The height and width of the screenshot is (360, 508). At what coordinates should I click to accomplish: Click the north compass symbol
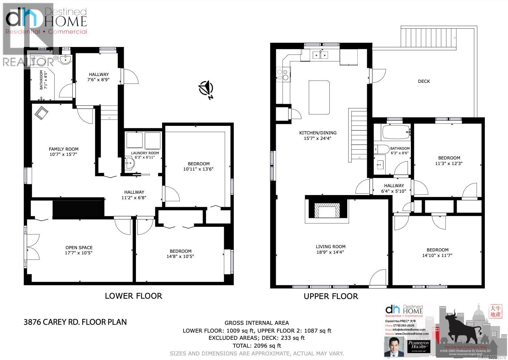(x=206, y=89)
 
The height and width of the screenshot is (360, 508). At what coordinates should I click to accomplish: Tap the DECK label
(x=424, y=81)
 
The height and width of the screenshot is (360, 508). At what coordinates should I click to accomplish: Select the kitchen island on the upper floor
(x=319, y=97)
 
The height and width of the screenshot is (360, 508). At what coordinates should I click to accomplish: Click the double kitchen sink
(x=320, y=55)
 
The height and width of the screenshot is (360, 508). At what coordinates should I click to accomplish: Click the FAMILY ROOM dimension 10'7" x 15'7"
(x=64, y=154)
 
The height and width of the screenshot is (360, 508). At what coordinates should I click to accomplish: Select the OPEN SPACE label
(x=79, y=247)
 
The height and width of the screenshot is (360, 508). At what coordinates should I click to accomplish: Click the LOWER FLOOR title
(x=133, y=296)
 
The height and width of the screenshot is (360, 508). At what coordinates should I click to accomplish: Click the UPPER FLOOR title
(x=331, y=296)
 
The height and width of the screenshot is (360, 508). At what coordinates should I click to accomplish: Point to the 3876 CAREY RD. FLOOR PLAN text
(x=75, y=322)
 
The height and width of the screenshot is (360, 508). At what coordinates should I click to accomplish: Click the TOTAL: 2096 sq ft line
(x=256, y=346)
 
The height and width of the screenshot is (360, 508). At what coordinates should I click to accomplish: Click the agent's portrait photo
(x=394, y=346)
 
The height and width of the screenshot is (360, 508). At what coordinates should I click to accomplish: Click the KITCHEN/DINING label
(x=318, y=133)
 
